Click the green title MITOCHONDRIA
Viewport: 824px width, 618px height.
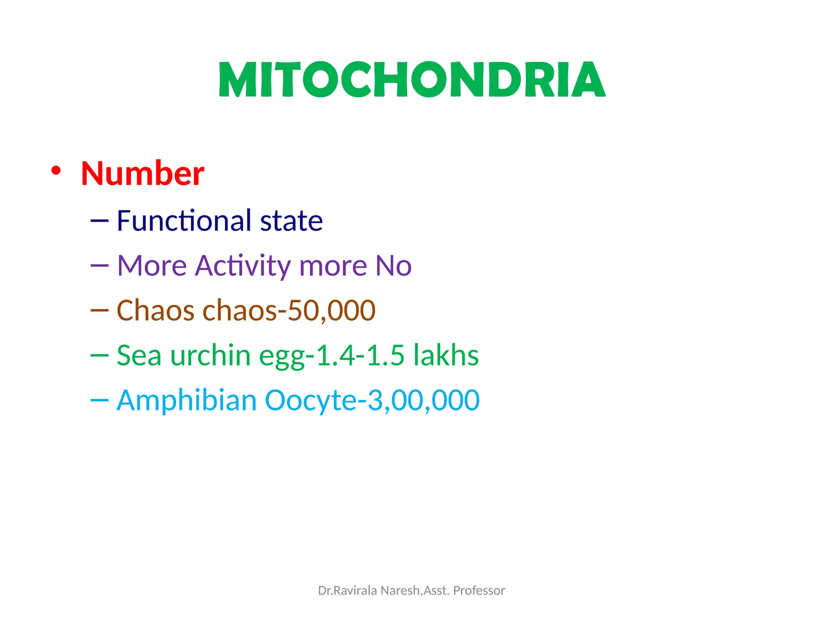click(x=412, y=80)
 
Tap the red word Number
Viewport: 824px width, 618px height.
click(x=142, y=173)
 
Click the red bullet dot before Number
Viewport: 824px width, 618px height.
click(x=56, y=171)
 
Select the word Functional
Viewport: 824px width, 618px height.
click(x=184, y=221)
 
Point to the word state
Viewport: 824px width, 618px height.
click(x=291, y=221)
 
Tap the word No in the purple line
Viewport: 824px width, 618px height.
click(x=393, y=266)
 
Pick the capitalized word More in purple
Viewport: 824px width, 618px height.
click(x=152, y=266)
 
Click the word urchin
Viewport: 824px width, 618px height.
click(x=210, y=356)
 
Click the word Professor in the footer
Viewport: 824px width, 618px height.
click(x=479, y=591)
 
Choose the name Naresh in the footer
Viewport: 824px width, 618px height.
click(x=400, y=591)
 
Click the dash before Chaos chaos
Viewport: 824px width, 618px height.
click(x=99, y=310)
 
